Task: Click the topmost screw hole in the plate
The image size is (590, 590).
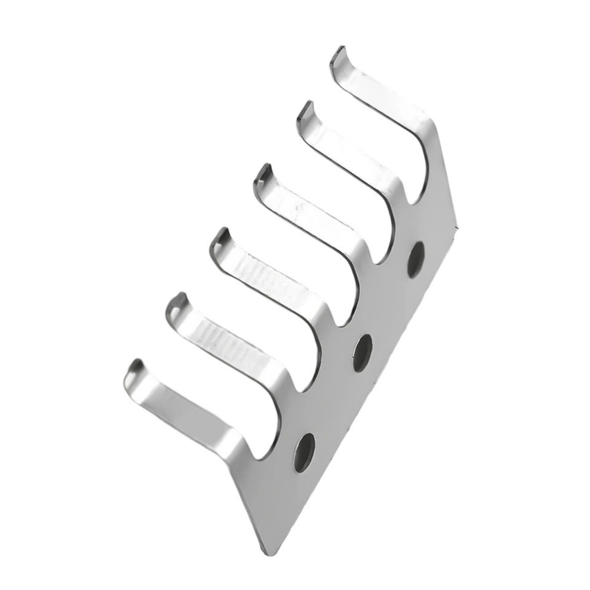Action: click(416, 258)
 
